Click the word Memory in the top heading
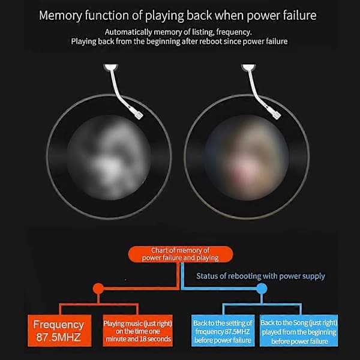pos(61,16)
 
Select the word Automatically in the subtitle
pos(128,32)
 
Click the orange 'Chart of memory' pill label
pos(181,254)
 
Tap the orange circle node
pos(98,289)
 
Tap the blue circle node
pos(262,289)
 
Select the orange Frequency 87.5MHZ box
pos(59,331)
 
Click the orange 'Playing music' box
pos(138,331)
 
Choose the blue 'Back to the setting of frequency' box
pos(223,331)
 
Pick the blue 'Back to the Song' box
pos(299,331)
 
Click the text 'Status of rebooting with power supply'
pos(260,276)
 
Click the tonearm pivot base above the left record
pos(110,67)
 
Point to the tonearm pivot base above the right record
pos(248,67)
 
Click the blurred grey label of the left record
pos(109,157)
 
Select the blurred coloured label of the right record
pos(247,157)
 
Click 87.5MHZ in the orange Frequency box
pos(59,337)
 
